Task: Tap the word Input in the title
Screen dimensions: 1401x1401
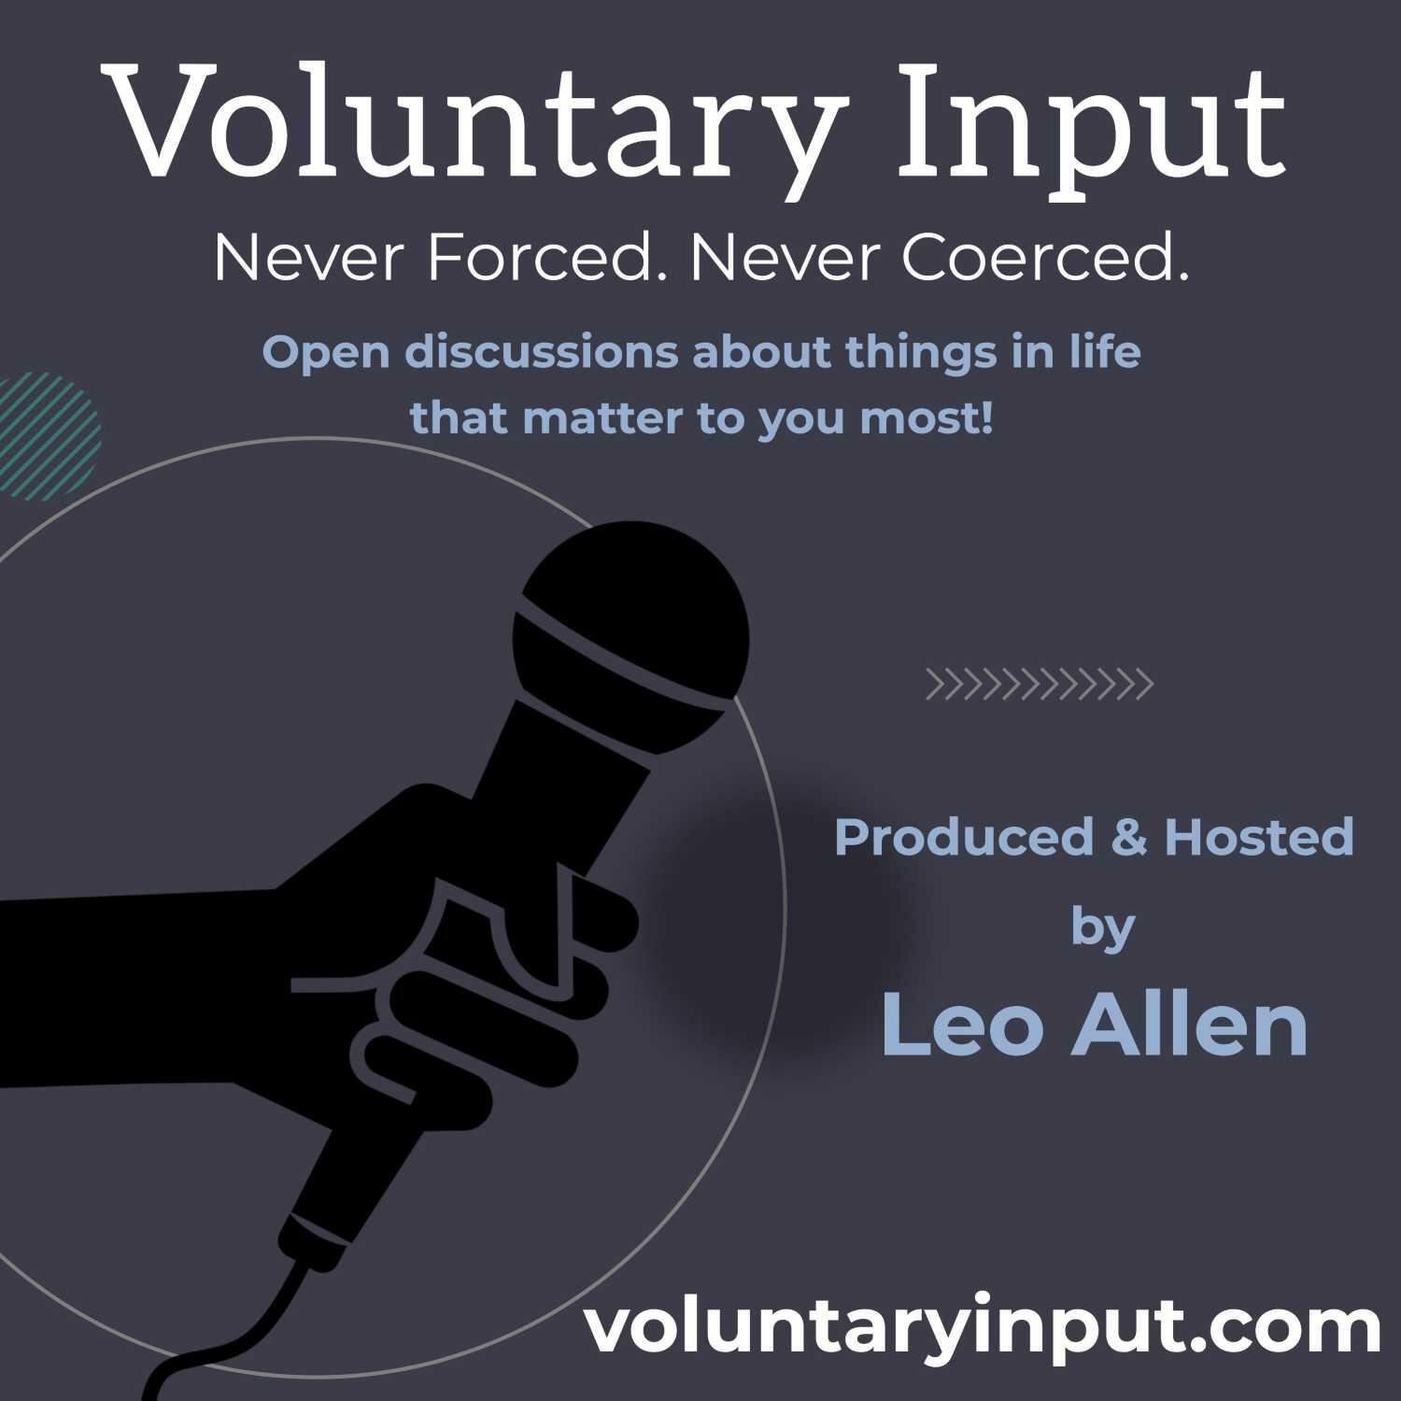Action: [1094, 127]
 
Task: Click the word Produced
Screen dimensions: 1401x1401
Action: [964, 836]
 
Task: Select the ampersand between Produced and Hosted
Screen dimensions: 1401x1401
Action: [1128, 836]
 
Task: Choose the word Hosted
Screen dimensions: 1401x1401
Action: [1259, 836]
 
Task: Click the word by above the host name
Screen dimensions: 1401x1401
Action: [1102, 929]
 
